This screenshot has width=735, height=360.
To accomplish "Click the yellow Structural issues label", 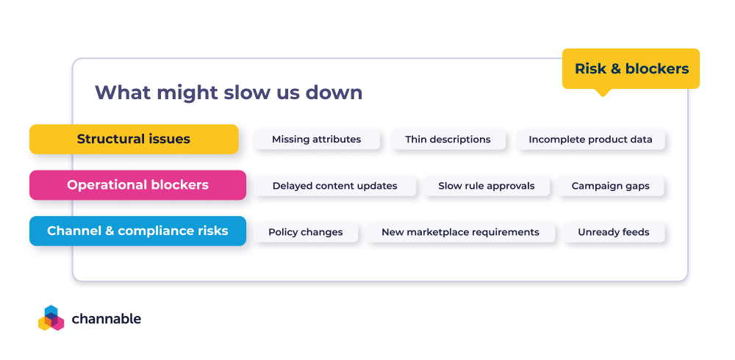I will (134, 139).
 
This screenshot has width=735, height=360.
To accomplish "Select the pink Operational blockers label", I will (137, 185).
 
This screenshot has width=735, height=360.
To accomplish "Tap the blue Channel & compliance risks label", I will (137, 231).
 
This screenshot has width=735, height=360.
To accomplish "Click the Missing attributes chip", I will (316, 140).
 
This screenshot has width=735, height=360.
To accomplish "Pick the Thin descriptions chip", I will (448, 140).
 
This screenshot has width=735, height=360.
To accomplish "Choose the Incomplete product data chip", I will (590, 140).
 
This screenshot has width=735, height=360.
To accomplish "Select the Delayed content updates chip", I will (334, 186).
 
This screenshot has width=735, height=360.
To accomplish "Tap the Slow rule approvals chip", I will (487, 186).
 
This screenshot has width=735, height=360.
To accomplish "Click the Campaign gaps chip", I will (611, 186).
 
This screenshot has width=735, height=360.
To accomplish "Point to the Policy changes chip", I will (305, 232).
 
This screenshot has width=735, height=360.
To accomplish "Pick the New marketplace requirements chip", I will (460, 232).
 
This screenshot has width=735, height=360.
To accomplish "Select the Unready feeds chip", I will (613, 232).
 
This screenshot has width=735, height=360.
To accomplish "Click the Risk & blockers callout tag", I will (631, 69).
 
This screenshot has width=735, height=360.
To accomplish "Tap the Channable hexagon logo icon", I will (51, 318).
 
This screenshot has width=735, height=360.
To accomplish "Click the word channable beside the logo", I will (107, 319).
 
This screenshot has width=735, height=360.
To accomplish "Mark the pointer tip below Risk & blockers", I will (603, 94).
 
